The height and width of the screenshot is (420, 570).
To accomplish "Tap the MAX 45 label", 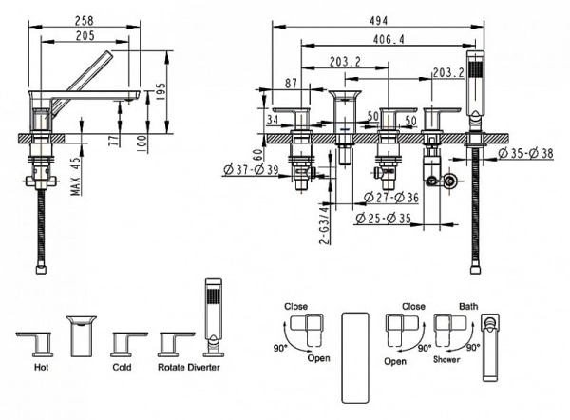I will [74, 173].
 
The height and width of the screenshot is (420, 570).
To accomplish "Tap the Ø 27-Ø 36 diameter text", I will [392, 198].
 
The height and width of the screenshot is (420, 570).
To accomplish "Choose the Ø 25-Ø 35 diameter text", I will [386, 220].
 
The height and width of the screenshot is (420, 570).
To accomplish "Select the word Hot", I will [41, 364].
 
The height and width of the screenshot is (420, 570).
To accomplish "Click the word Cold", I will [122, 364].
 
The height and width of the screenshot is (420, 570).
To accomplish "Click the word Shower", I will [446, 360].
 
